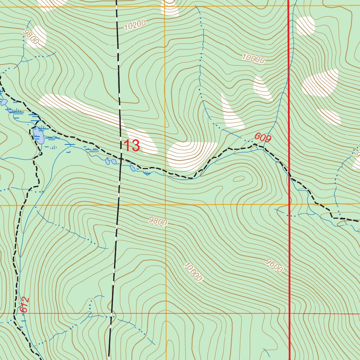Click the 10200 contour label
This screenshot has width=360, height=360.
tap(135, 25)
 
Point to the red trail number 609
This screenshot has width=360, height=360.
tap(263, 138)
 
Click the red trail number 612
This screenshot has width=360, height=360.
tap(24, 304)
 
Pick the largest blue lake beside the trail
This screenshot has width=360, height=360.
tap(38, 135)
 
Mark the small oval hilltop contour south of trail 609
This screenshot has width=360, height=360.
tap(239, 179)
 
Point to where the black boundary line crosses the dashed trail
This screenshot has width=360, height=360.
tap(120, 159)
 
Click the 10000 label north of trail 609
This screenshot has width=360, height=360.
tap(253, 59)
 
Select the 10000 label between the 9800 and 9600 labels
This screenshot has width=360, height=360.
tap(193, 272)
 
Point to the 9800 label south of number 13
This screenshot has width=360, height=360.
tap(157, 221)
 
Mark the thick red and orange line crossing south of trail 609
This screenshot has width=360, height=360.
tap(289, 204)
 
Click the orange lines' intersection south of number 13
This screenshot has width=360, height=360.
tap(166, 204)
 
